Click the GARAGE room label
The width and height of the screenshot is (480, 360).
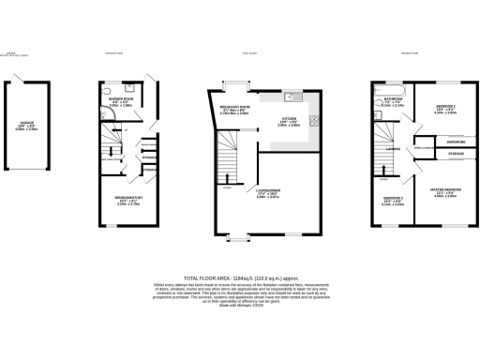click(26, 123)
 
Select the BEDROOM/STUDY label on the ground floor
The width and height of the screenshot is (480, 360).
click(127, 199)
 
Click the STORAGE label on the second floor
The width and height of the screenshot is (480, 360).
click(456, 153)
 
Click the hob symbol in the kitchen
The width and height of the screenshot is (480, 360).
click(314, 119)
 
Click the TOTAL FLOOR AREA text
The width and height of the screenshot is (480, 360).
click(240, 278)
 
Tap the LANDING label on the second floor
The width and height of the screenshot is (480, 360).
click(394, 147)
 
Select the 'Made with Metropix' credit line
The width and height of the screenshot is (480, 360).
click(240, 307)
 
